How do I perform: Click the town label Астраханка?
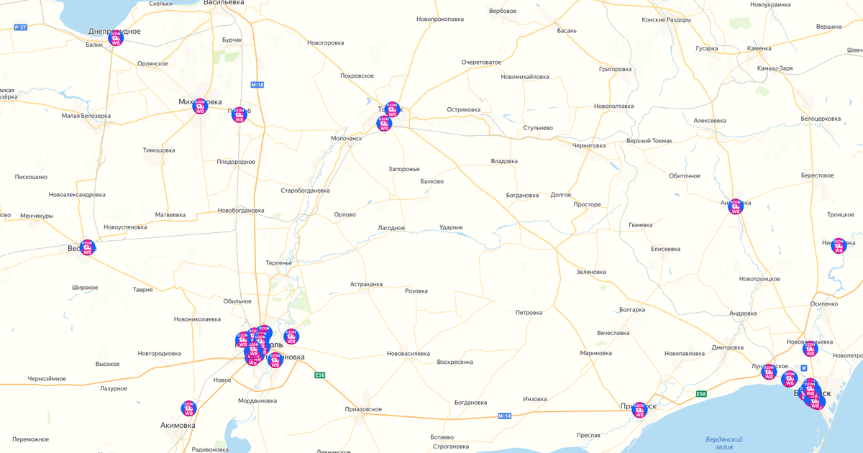[366, 284]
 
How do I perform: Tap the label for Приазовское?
[363, 409]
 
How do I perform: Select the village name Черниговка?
[588, 145]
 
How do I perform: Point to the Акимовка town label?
[178, 425]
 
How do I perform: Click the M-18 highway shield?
[257, 85]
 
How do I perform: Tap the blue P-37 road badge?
[20, 27]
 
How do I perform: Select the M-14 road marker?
[504, 416]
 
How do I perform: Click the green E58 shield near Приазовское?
[320, 375]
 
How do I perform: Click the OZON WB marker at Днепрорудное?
[115, 38]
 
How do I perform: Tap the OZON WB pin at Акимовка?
[188, 408]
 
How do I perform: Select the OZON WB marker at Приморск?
[639, 410]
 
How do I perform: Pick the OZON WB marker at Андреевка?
[735, 206]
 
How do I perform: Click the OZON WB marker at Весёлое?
[87, 247]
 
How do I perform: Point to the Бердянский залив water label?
[724, 443]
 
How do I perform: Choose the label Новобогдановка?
[241, 211]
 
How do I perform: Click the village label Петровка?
[529, 313]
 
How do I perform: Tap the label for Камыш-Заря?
[775, 68]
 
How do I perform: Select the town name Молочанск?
[347, 137]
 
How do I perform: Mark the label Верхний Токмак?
[649, 141]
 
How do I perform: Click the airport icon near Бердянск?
[804, 368]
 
